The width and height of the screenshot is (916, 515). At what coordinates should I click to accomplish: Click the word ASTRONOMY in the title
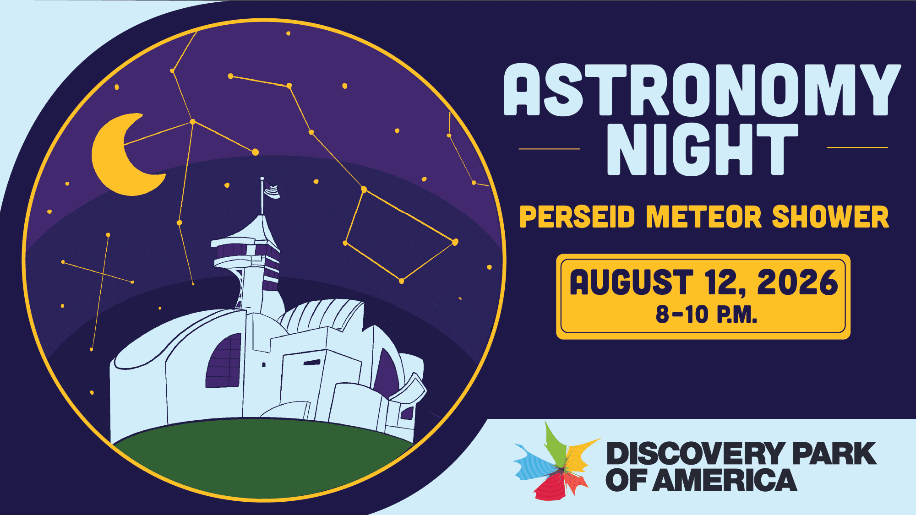coord(702,90)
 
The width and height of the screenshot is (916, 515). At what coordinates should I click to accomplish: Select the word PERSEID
coord(578,217)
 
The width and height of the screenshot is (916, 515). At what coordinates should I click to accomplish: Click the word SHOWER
coord(830,217)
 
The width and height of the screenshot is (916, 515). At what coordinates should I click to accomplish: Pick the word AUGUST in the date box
coord(632,282)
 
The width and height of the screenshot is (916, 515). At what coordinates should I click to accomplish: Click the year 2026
coord(797,282)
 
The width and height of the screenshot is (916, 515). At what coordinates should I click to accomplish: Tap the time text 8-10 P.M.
coord(706,315)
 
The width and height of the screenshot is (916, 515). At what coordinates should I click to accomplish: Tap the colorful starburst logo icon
coord(556,462)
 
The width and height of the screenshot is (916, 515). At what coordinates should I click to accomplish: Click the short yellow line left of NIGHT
coord(549,149)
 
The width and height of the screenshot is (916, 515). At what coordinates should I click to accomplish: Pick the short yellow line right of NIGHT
coord(857,147)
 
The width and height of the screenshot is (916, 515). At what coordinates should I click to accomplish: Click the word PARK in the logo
coord(834,454)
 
